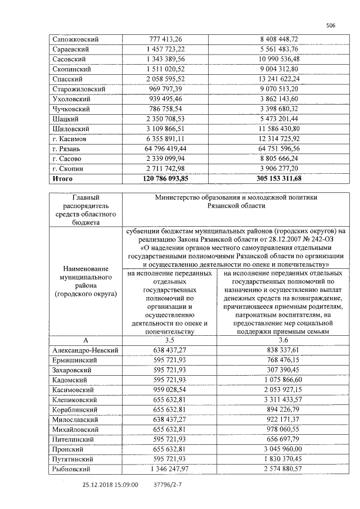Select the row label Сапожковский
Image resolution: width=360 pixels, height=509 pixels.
[75, 39]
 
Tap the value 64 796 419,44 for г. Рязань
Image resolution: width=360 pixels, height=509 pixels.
[165, 149]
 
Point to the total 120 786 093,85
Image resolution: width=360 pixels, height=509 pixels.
[165, 179]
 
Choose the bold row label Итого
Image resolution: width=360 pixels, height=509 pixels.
[62, 179]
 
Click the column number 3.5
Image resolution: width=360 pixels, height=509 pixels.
[169, 340]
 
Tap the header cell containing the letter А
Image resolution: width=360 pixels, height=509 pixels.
[85, 340]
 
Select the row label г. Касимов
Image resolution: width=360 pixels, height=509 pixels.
[70, 139]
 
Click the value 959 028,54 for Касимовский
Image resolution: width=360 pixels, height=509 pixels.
[169, 390]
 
